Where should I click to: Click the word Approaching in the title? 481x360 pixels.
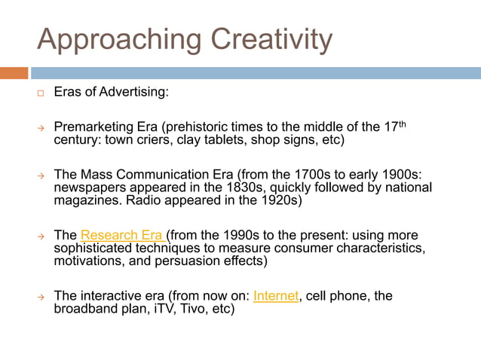pos(121,39)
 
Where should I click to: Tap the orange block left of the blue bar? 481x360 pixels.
pos(14,73)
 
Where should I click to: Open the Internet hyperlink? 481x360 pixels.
pos(276,295)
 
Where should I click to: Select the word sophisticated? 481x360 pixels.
pos(95,247)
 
